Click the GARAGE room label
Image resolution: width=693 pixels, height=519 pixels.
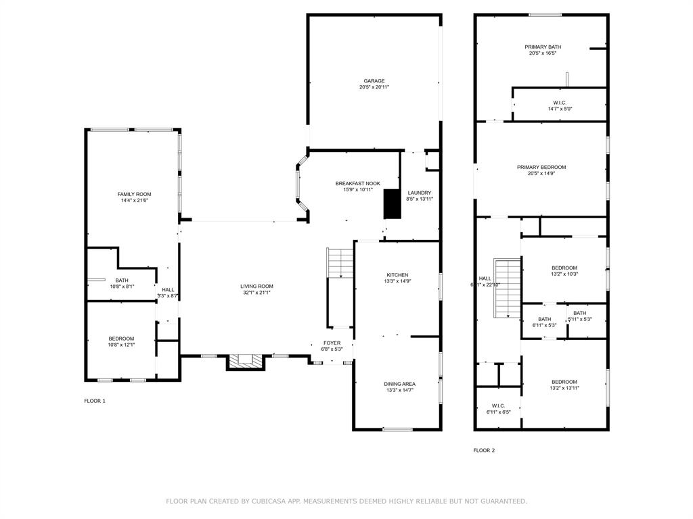coord(374,81)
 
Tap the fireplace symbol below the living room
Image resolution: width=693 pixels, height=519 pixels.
coord(244,362)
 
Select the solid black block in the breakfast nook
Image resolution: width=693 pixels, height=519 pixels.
coord(392,204)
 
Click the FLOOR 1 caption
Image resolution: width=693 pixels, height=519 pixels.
coord(95,401)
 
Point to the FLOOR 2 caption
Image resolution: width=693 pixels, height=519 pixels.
coord(484,450)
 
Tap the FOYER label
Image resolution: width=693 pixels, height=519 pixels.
coord(332,343)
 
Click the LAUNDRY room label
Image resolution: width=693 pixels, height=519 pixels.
coord(419,193)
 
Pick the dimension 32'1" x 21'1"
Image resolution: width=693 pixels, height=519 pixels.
coord(256,293)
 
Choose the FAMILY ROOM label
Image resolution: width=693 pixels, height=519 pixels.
coord(134,195)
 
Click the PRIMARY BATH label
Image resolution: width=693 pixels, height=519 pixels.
coord(543,47)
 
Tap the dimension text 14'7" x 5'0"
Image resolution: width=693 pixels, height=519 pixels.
coord(560,109)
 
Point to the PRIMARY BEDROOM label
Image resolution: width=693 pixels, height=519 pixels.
coord(541,168)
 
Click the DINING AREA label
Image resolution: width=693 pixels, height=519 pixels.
coord(400,384)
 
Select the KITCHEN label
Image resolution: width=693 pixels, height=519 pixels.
coord(397,274)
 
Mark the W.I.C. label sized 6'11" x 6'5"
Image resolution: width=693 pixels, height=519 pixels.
coord(498,406)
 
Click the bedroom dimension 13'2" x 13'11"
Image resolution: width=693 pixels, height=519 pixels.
coord(564,388)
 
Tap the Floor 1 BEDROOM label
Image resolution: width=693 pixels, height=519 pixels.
coord(122,339)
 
